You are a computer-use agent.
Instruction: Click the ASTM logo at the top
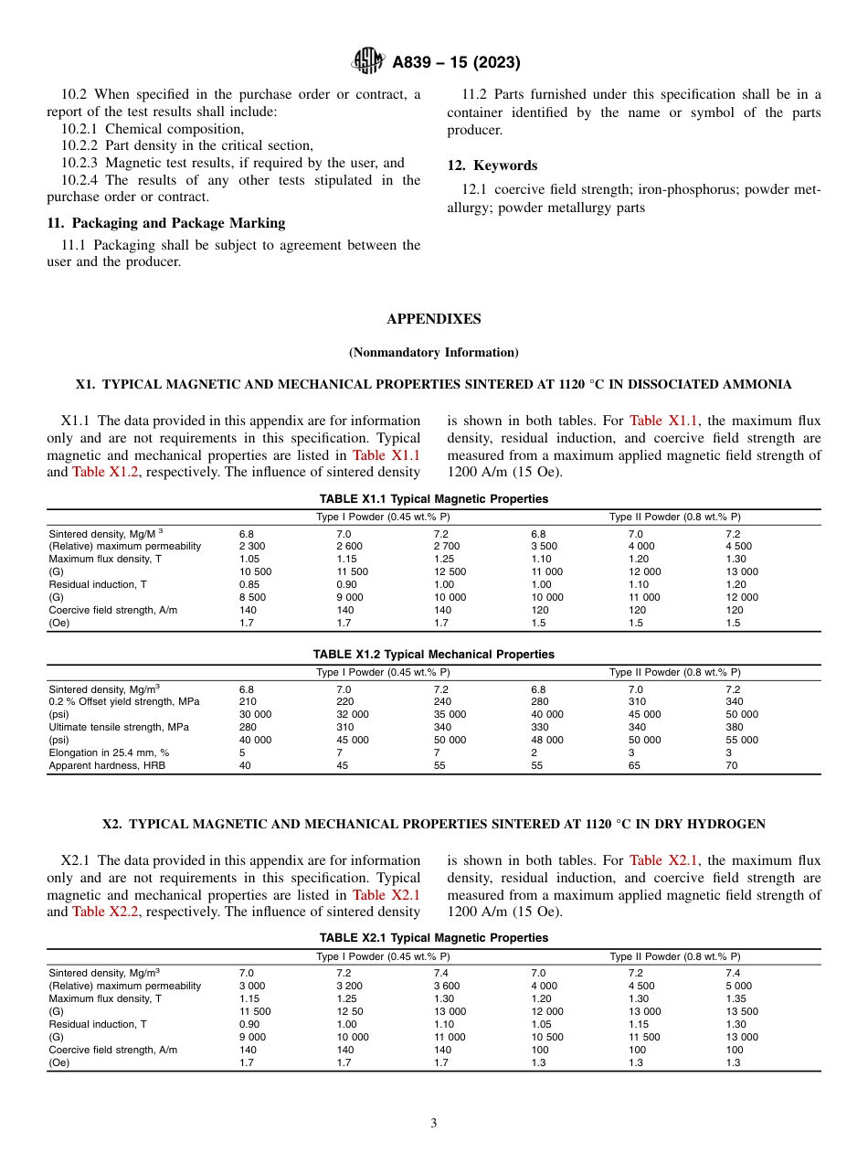click(369, 62)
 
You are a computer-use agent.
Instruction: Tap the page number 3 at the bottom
click(434, 1123)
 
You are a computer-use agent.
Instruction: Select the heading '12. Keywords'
click(492, 165)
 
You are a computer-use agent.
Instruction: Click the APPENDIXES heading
click(434, 319)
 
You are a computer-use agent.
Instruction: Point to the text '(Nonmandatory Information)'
click(434, 352)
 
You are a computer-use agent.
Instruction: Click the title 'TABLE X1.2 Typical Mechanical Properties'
click(434, 655)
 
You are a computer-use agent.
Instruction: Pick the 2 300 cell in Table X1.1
click(252, 546)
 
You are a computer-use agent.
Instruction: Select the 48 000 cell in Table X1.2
click(547, 740)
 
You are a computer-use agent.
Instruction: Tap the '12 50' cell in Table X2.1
click(350, 1011)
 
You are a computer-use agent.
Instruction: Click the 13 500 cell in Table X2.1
click(742, 1011)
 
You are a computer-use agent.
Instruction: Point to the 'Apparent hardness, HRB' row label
click(107, 765)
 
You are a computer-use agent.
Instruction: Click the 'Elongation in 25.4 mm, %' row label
click(109, 752)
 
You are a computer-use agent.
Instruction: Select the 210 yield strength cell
click(248, 701)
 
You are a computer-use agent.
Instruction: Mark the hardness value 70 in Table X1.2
click(732, 765)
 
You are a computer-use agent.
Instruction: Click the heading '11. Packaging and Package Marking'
click(165, 223)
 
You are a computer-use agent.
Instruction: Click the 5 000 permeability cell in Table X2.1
click(738, 986)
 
